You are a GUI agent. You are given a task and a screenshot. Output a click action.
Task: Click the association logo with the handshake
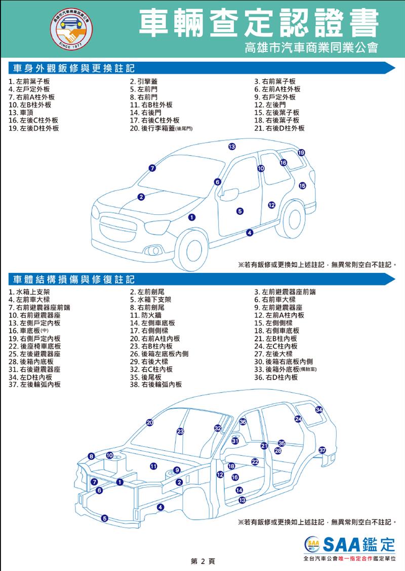pyautogui.click(x=71, y=29)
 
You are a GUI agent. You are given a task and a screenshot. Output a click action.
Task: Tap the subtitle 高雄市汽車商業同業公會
pyautogui.click(x=311, y=47)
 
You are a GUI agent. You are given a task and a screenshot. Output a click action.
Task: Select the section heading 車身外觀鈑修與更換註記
pyautogui.click(x=74, y=68)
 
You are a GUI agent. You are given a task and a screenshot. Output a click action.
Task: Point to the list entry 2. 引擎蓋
pyautogui.click(x=144, y=81)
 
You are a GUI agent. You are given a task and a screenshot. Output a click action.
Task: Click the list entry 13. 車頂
pyautogui.click(x=21, y=113)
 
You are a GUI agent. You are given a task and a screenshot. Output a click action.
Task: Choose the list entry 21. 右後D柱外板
pyautogui.click(x=279, y=128)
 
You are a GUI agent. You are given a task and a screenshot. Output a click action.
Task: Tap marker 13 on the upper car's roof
pyautogui.click(x=232, y=147)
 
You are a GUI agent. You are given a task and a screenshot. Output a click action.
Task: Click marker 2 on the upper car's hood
pyautogui.click(x=141, y=197)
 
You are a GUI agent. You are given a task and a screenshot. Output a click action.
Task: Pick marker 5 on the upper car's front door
pyautogui.click(x=240, y=211)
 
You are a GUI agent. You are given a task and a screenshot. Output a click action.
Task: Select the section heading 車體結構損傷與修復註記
pyautogui.click(x=74, y=279)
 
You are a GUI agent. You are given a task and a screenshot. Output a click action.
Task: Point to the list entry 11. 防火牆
pyautogui.click(x=146, y=315)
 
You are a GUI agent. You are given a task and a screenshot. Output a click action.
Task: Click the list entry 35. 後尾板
pyautogui.click(x=146, y=377)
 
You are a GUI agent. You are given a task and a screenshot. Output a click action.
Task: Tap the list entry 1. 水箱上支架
pyautogui.click(x=29, y=292)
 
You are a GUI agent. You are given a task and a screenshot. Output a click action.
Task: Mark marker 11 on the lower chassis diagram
pyautogui.click(x=153, y=466)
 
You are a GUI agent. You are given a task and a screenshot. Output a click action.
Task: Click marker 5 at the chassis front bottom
pyautogui.click(x=105, y=518)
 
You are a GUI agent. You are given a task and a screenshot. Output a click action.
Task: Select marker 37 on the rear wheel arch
pyautogui.click(x=322, y=450)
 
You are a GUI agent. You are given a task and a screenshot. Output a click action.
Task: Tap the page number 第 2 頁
pyautogui.click(x=203, y=561)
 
